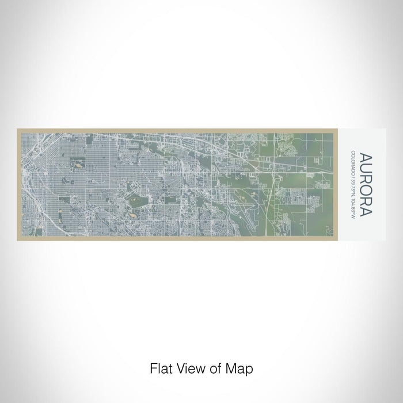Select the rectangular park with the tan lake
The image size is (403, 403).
coord(76,166)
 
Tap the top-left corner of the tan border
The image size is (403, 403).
coord(17,129)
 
